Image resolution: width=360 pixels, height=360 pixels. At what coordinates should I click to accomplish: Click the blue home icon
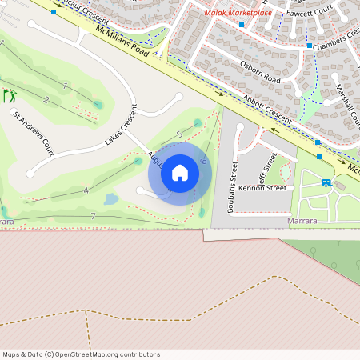click(180, 173)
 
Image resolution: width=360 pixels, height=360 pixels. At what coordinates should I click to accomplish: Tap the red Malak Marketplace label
click(238, 13)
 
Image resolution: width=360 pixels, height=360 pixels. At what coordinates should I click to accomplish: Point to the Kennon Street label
click(262, 188)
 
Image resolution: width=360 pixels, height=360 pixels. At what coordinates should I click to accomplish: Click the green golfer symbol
click(10, 96)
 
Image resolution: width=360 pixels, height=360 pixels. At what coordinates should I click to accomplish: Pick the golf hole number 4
click(86, 190)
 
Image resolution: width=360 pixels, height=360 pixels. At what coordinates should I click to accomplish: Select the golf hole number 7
click(94, 216)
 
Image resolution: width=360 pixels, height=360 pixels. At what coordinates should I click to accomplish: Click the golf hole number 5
click(179, 134)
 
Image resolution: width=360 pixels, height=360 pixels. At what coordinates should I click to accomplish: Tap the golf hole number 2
click(46, 100)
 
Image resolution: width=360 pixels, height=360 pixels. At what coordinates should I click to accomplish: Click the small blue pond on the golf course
click(111, 198)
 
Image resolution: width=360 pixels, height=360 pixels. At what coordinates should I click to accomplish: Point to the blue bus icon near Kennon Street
click(326, 182)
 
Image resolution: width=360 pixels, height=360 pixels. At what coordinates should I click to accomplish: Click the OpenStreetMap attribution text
click(81, 354)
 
